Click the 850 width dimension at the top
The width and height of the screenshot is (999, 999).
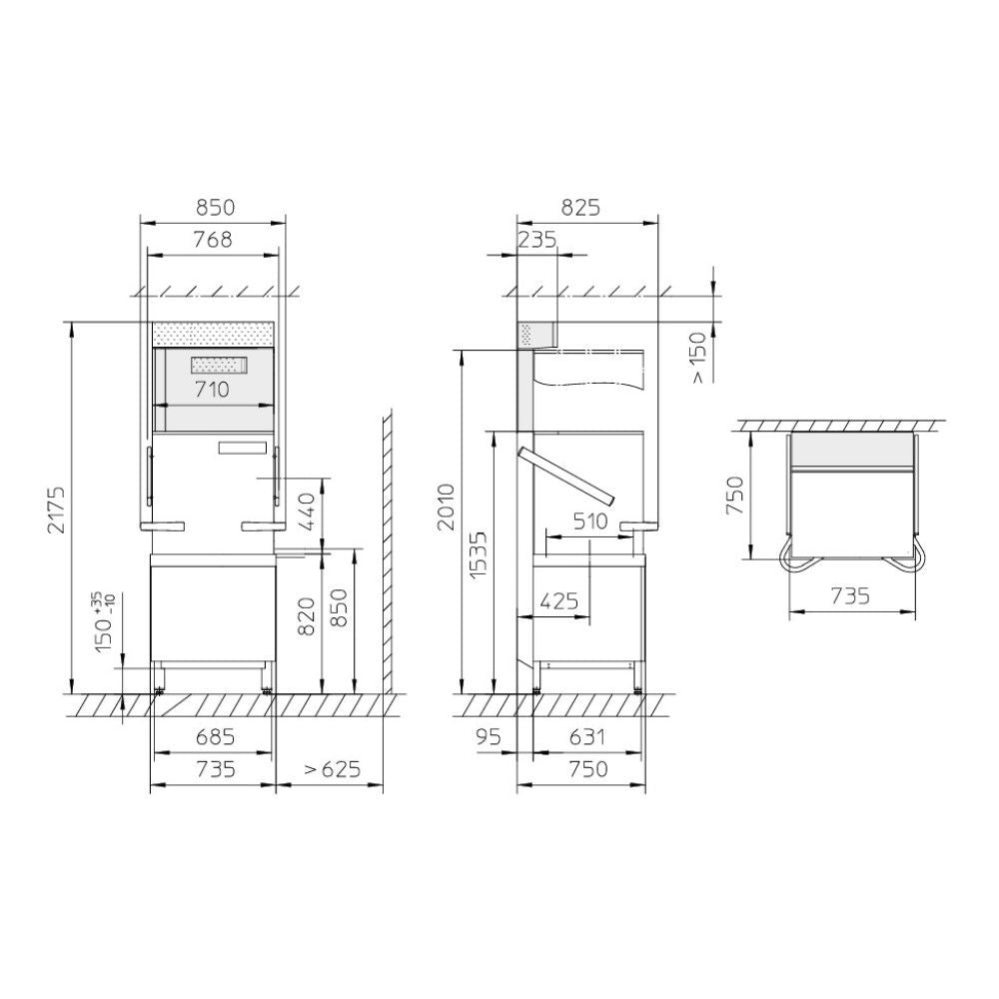[x=215, y=208]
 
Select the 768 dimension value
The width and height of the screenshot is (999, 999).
[x=213, y=240]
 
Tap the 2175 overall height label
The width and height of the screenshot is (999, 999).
[x=56, y=509]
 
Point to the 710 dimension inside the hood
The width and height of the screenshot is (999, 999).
[x=212, y=389]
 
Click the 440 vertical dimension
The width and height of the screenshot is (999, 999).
[x=307, y=510]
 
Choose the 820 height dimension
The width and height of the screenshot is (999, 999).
[x=307, y=616]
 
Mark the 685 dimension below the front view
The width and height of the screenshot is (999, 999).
[x=216, y=737]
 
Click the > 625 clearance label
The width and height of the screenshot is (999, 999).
[x=332, y=769]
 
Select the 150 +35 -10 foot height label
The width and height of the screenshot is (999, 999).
[x=105, y=621]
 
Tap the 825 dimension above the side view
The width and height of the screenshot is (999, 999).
[x=580, y=208]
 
